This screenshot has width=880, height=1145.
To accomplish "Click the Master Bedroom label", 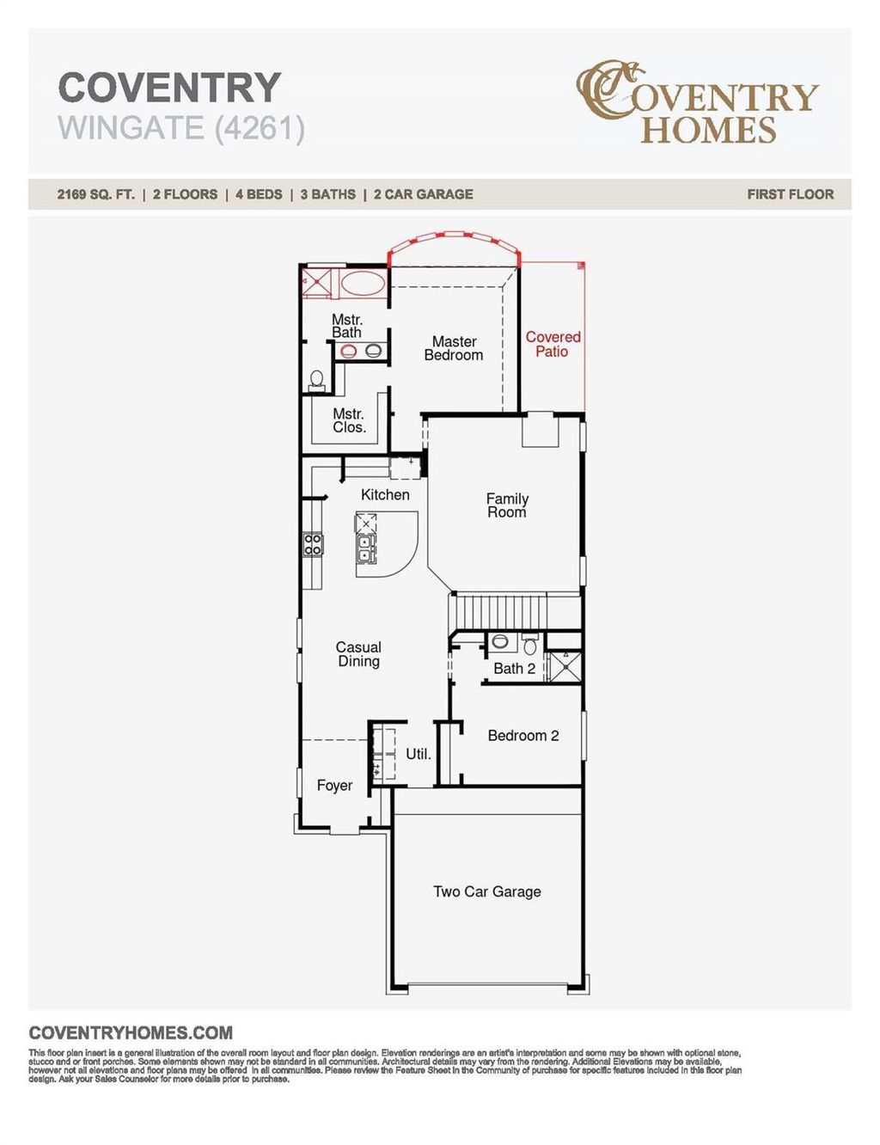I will click(454, 348).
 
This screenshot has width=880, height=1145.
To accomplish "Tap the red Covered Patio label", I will click(553, 344).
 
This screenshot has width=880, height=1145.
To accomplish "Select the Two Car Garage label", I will click(487, 891).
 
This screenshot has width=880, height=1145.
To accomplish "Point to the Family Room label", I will click(507, 505).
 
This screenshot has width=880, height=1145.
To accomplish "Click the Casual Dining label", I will click(358, 654).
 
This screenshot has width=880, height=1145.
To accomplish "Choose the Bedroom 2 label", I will click(522, 736).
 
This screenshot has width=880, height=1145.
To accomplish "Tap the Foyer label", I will click(334, 786).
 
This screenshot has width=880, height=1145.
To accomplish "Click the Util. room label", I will click(419, 754).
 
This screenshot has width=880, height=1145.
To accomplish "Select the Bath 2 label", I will click(514, 669).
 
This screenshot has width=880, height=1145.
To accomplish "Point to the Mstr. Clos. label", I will click(349, 420).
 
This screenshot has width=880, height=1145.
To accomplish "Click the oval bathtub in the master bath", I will click(364, 283).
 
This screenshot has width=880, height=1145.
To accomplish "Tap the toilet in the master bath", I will click(316, 379).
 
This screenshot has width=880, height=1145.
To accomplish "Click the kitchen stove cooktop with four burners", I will click(313, 544).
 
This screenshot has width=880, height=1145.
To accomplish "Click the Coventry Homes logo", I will click(697, 102).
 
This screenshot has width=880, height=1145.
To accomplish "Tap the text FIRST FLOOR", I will click(790, 194).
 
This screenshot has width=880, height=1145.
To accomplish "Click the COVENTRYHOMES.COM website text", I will click(131, 1033).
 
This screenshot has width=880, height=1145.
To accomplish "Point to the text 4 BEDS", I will click(259, 194).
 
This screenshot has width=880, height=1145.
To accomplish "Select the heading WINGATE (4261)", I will click(181, 128).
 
